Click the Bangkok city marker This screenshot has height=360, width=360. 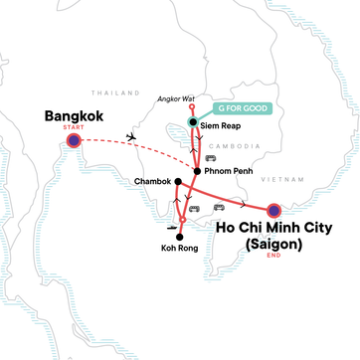click(x=74, y=141)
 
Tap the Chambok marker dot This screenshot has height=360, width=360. click(x=178, y=182)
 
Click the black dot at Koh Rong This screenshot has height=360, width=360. click(x=179, y=236)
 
